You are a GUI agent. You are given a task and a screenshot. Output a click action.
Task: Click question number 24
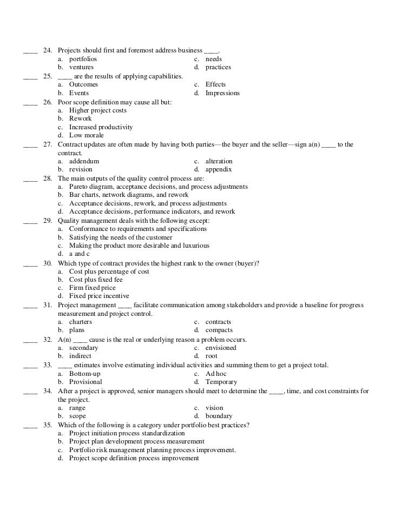click(x=47, y=50)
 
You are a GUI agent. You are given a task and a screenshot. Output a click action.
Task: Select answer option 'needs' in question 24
click(x=213, y=59)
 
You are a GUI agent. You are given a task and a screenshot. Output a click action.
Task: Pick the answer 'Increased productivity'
click(x=101, y=127)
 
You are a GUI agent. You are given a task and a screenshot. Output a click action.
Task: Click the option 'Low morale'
click(x=86, y=135)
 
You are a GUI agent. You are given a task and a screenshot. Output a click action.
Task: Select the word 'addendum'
click(x=84, y=161)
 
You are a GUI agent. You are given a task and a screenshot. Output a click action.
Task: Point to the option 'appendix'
click(x=218, y=169)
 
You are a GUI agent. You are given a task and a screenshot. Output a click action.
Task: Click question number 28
click(x=47, y=178)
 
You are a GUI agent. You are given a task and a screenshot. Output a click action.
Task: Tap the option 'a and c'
click(x=79, y=254)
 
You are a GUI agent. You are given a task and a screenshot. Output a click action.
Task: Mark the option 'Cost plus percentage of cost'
click(x=109, y=271)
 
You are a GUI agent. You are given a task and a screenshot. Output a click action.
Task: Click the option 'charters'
click(x=81, y=322)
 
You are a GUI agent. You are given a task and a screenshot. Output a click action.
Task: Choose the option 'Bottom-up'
click(x=84, y=374)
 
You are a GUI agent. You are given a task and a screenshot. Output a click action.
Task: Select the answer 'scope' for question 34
click(x=78, y=416)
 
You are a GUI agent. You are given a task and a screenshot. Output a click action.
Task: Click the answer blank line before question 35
click(x=30, y=425)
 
